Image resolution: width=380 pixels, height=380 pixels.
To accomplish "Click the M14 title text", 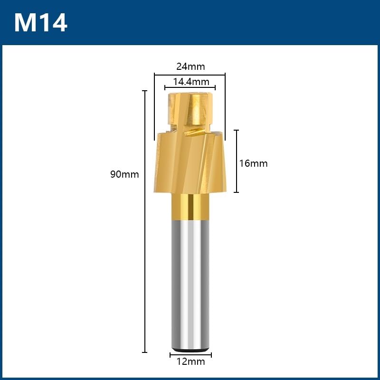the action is tap(41, 22).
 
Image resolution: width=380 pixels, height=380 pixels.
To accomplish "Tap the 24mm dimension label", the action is tap(190, 66).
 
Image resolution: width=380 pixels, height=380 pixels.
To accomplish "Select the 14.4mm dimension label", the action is tap(191, 82).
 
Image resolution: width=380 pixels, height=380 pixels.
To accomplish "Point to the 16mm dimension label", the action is tap(253, 163).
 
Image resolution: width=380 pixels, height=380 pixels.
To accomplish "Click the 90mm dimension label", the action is tap(124, 174).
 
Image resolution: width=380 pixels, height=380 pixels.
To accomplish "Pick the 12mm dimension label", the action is tap(190, 361).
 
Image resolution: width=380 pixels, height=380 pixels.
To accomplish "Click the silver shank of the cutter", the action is tap(190, 285).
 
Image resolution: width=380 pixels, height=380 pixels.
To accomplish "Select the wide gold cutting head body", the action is tap(190, 162).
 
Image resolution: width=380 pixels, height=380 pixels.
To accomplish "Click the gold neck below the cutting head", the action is tap(190, 207).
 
